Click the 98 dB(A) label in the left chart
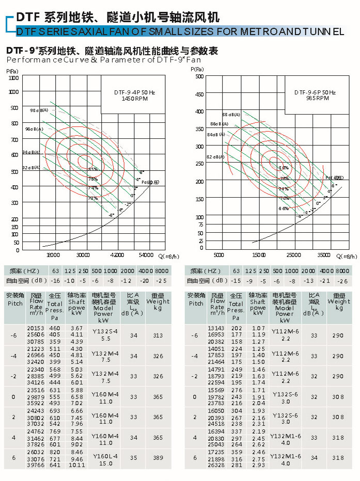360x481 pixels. pyautogui.click(x=39, y=110)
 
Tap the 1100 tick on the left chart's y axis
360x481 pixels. pyautogui.click(x=14, y=78)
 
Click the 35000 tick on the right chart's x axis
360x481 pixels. pyautogui.click(x=325, y=255)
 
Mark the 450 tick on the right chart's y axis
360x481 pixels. pyautogui.click(x=199, y=93)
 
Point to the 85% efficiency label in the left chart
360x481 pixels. pyautogui.click(x=93, y=169)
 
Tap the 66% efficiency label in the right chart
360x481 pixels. pyautogui.click(x=284, y=209)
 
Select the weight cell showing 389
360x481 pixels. pyautogui.click(x=158, y=458)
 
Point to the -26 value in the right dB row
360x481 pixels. pyautogui.click(x=341, y=281)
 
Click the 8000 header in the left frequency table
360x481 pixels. pyautogui.click(x=162, y=271)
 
